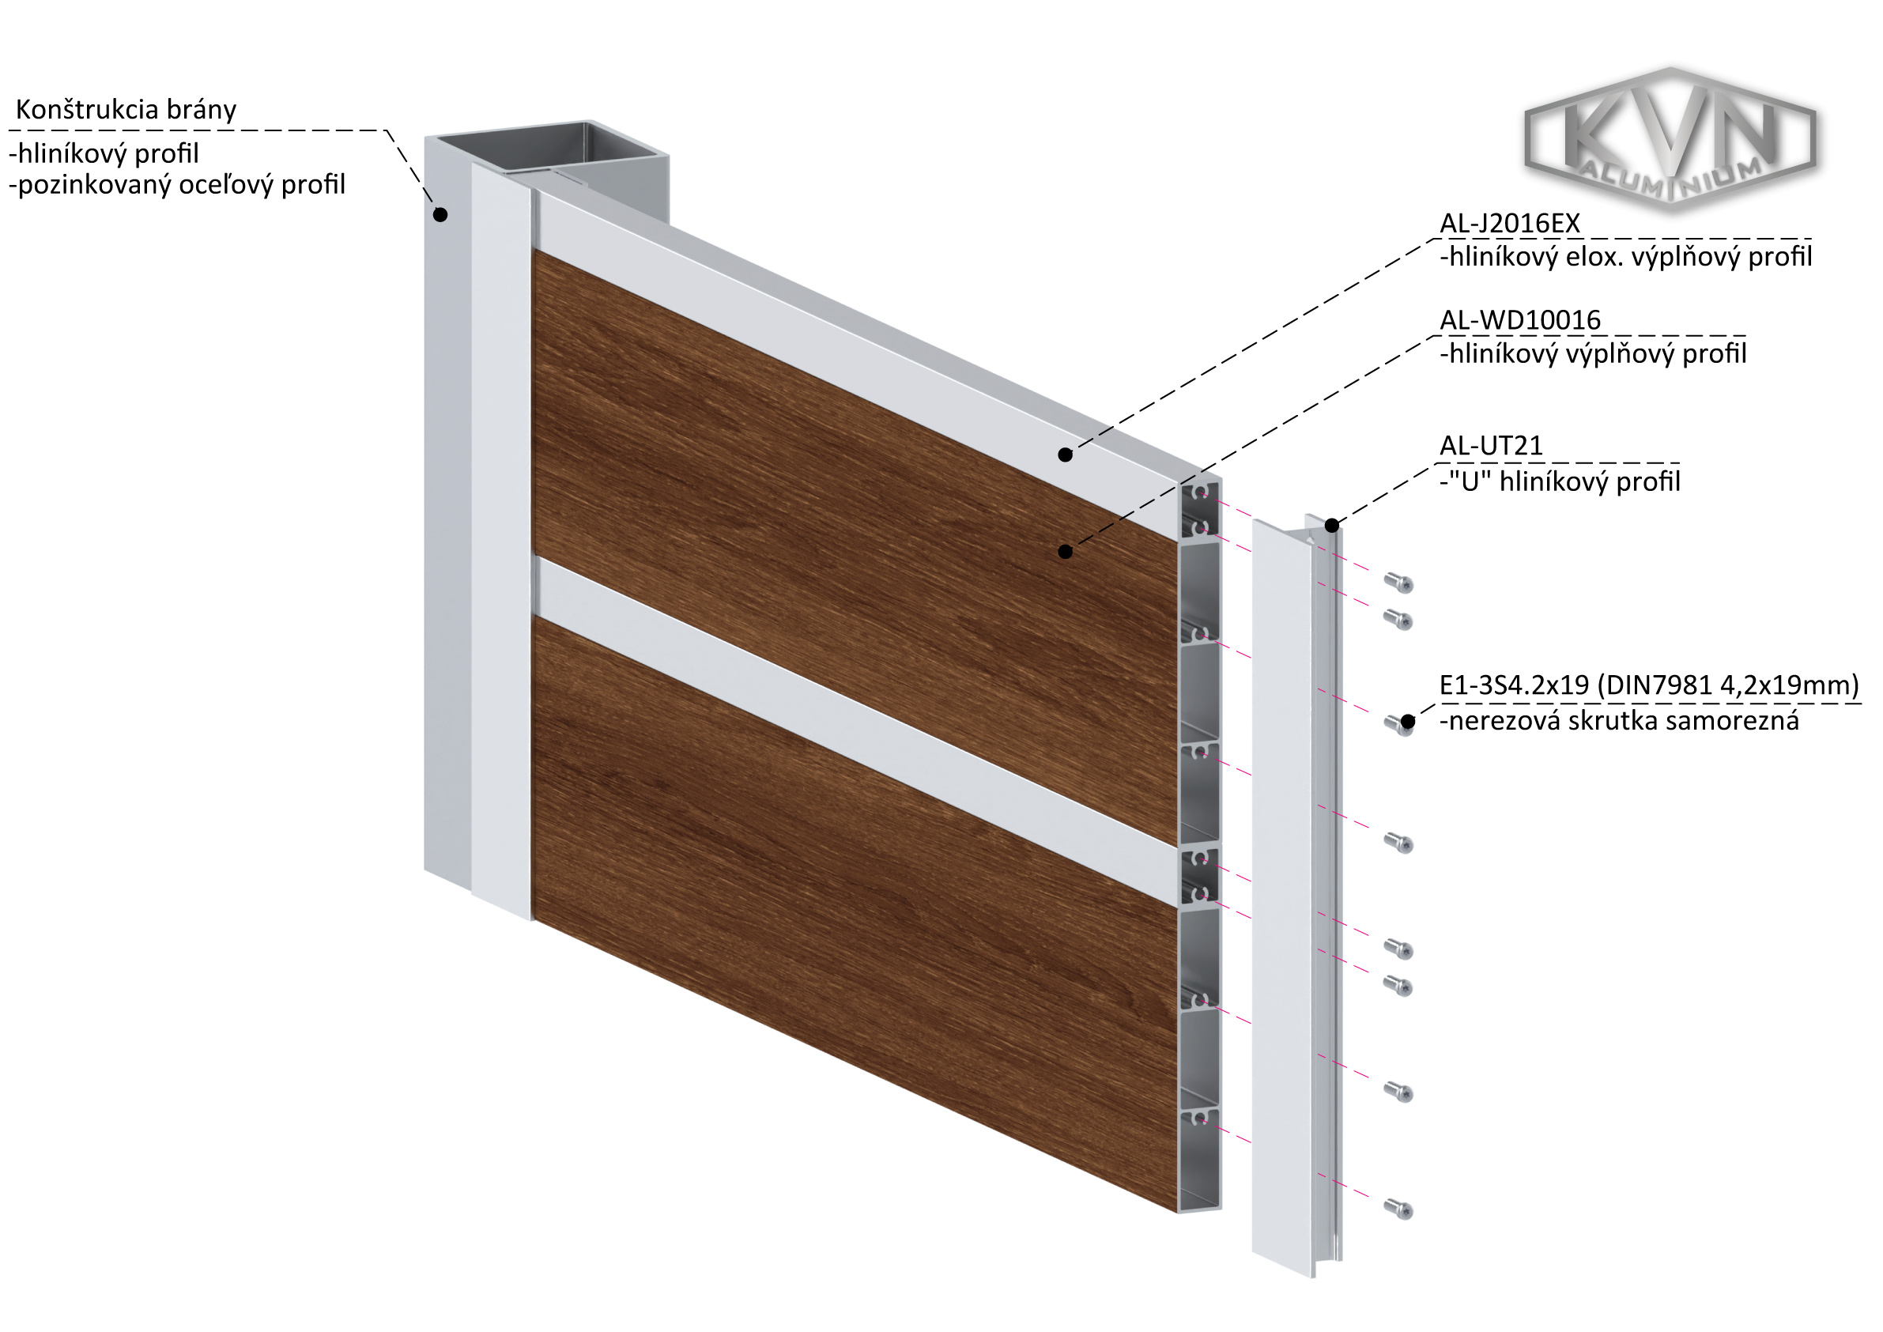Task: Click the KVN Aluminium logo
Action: [x=1670, y=139]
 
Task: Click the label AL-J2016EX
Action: [x=1510, y=223]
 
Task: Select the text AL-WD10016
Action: [x=1520, y=320]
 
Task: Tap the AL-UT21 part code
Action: [x=1491, y=445]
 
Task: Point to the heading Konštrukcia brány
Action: [x=126, y=109]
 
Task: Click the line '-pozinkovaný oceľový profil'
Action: [x=177, y=185]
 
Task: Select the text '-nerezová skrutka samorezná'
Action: [x=1619, y=721]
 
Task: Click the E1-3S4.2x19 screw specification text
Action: [x=1649, y=685]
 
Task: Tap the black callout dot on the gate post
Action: [x=440, y=215]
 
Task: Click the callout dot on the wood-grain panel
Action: [x=1066, y=552]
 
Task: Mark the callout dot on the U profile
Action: [x=1332, y=526]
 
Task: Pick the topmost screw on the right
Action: [x=1398, y=583]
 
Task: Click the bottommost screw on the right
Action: [x=1398, y=1208]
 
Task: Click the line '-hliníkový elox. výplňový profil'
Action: [x=1625, y=258]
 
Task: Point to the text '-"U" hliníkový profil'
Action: [x=1560, y=481]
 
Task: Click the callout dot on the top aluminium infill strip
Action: [x=1066, y=455]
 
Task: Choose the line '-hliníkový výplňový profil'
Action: [x=1593, y=354]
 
